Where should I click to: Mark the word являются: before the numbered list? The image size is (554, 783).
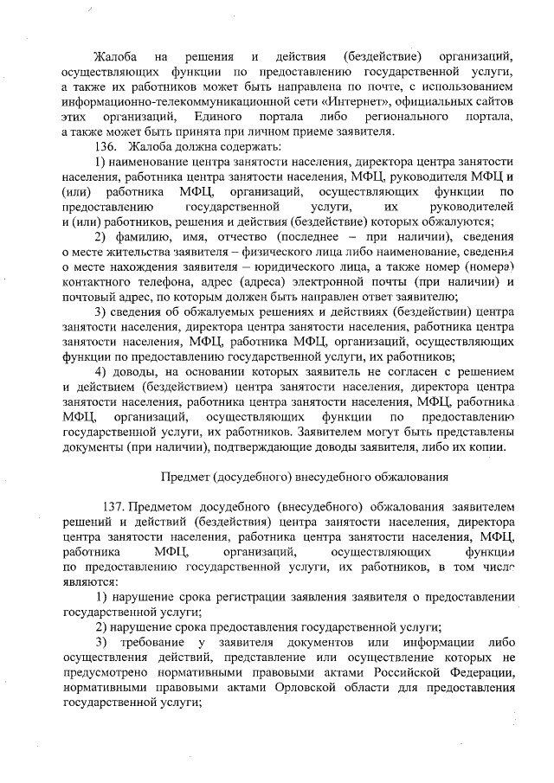(x=89, y=581)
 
